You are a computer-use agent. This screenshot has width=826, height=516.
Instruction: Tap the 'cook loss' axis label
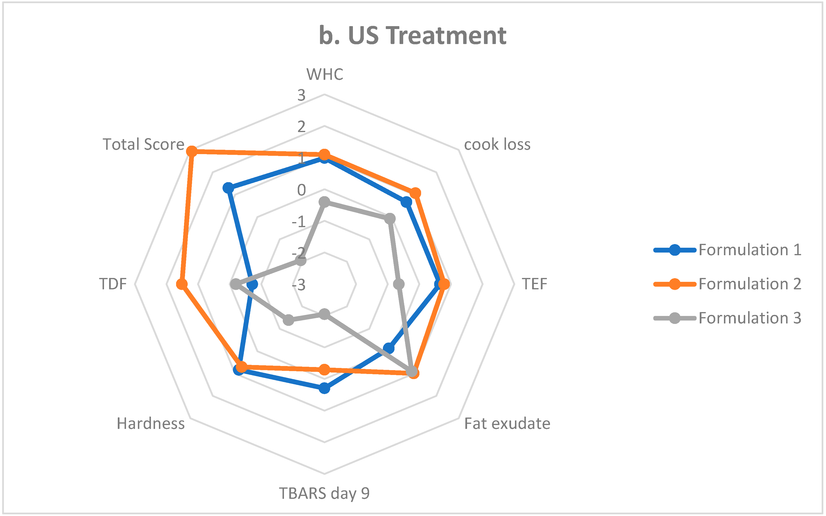point(497,144)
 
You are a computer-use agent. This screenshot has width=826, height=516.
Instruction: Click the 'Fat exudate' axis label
point(507,424)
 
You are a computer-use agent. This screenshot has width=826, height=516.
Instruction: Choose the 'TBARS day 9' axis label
point(324,493)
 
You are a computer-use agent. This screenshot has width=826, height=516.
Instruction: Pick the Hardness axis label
point(150,424)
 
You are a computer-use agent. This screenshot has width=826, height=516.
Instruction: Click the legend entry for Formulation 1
point(749,250)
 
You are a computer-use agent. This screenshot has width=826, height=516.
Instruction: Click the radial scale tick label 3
point(301,95)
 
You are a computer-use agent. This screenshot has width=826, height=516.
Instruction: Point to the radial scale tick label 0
point(301,190)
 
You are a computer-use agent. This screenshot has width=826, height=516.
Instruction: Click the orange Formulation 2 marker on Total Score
point(192,151)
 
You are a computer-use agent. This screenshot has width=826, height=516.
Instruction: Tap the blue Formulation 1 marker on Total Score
point(228,188)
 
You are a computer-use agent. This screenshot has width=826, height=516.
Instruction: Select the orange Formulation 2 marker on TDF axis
point(182,284)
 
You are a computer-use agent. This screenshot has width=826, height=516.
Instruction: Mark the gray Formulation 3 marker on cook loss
point(390,219)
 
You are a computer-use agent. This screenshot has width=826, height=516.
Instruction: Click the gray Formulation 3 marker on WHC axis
point(324,202)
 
